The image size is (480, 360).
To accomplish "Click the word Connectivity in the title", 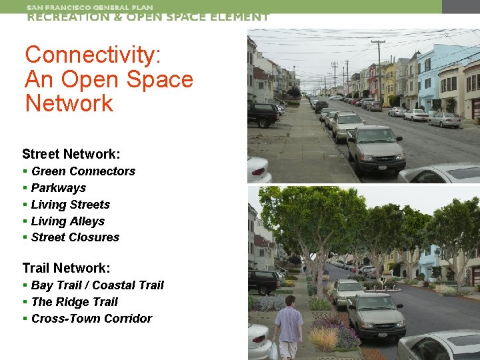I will pos(93,55).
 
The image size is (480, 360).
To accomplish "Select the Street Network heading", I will pos(71,155).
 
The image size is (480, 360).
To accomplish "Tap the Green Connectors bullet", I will pos(83,171).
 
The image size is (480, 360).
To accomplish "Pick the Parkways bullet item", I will pos(59,188).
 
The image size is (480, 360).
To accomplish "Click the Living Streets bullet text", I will pos(70,205).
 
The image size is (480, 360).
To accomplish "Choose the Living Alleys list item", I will pos(68,221).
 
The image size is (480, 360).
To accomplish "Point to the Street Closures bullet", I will pos(75,237).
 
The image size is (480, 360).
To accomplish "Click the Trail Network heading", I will pos(66,268).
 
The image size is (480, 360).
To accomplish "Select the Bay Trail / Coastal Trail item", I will pos(97,285).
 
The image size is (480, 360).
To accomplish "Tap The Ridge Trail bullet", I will pos(74,302).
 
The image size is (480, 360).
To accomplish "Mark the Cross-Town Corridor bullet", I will pos(91,319).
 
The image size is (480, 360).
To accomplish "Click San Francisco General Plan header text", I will pos(90,7).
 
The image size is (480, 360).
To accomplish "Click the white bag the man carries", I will pos(273,350).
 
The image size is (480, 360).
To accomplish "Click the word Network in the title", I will pos(69,103).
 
